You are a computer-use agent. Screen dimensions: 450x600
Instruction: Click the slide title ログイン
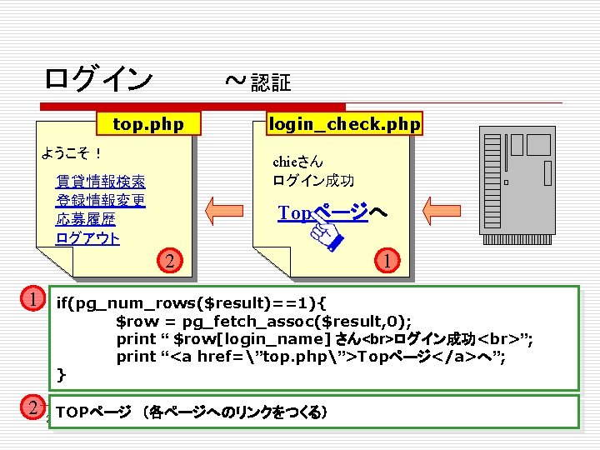[98, 79]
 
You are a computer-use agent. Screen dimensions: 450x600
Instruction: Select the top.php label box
[147, 124]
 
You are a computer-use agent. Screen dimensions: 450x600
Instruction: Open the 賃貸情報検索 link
[100, 181]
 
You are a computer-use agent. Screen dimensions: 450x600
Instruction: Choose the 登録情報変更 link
[100, 200]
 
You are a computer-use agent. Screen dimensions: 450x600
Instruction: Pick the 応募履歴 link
[86, 219]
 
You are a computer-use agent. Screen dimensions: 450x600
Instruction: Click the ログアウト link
[87, 238]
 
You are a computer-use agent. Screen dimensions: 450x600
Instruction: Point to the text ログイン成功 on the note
[313, 180]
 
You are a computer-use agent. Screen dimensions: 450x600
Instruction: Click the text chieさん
[297, 162]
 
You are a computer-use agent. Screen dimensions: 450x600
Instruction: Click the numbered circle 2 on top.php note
[169, 261]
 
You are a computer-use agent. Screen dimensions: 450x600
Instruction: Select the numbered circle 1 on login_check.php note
[387, 261]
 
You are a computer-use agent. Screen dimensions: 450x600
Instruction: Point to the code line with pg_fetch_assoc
[263, 321]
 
